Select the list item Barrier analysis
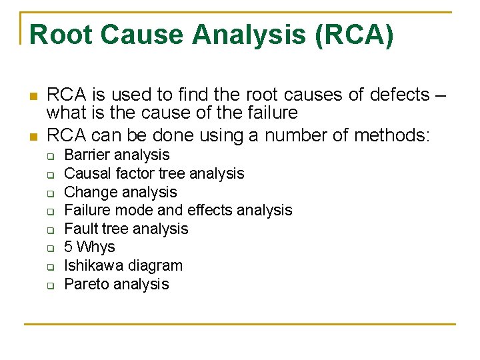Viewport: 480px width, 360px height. (117, 155)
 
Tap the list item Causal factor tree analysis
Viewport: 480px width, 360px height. (154, 174)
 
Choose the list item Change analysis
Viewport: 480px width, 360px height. (120, 193)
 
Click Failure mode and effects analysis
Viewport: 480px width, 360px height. (178, 211)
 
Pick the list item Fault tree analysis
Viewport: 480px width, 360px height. (126, 229)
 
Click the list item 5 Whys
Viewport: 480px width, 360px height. (89, 247)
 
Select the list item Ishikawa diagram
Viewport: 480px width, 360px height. (123, 266)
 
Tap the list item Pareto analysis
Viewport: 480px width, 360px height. (116, 285)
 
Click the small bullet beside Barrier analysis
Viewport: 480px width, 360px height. (50, 157)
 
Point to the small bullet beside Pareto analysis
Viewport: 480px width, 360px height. (50, 286)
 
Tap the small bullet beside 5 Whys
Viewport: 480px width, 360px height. (50, 249)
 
